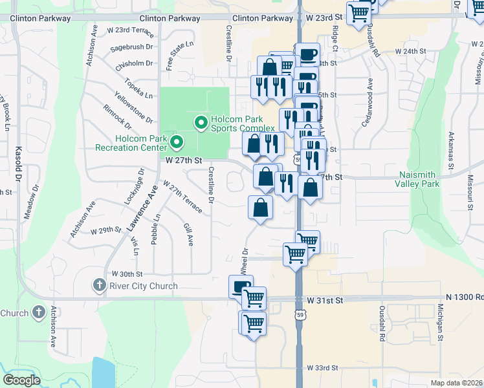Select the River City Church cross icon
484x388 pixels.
(98, 285)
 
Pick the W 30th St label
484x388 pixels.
(126, 274)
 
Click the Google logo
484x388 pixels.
(21, 380)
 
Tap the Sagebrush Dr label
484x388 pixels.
(131, 47)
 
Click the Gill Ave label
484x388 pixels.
(188, 234)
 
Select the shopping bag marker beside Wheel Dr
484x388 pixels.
(260, 208)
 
